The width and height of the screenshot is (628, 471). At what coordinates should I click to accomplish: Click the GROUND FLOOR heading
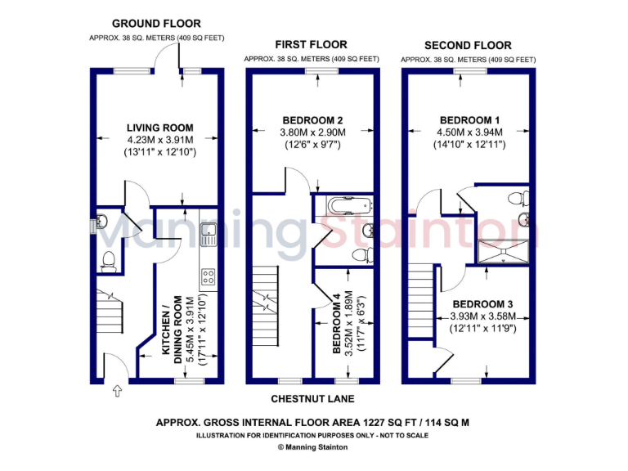(x=156, y=24)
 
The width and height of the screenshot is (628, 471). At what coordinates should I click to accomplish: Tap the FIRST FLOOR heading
(x=311, y=44)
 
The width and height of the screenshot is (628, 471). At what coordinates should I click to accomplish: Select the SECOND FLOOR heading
(x=468, y=46)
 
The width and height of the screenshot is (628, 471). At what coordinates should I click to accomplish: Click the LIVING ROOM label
(x=159, y=128)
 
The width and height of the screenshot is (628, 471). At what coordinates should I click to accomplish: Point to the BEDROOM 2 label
(x=312, y=119)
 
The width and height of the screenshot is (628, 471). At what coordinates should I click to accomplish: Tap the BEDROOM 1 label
(x=469, y=119)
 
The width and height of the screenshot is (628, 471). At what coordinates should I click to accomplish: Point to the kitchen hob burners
(x=208, y=277)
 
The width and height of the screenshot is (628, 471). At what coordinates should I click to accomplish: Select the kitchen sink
(x=208, y=232)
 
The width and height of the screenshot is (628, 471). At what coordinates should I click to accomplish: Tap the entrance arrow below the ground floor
(x=117, y=392)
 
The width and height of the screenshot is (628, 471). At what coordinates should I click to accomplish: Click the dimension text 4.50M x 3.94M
(x=469, y=132)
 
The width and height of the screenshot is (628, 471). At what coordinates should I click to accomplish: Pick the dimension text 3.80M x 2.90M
(x=312, y=132)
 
